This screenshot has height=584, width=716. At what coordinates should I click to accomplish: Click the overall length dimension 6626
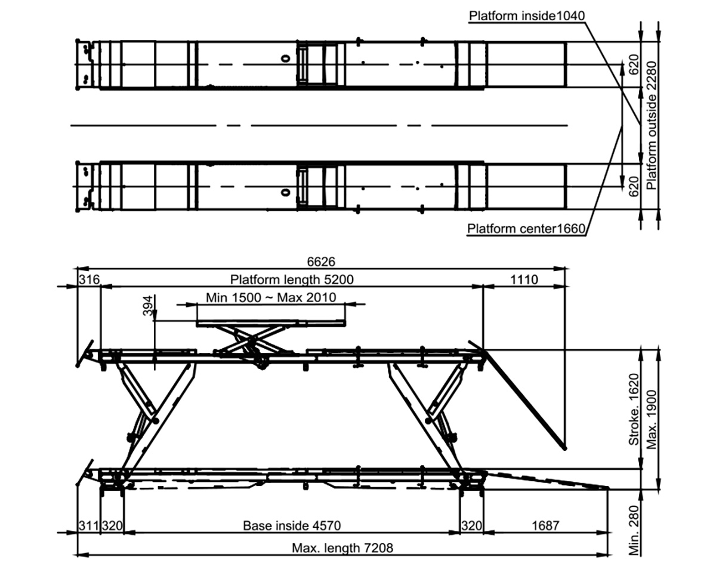pos(321,262)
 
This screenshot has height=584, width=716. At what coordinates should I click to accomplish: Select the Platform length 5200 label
pos(292,279)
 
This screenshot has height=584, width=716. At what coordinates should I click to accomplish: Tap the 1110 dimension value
pos(524,279)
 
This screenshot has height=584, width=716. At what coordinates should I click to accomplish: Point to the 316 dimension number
pos(89,279)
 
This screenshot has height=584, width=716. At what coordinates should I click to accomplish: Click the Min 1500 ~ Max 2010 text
pos(271,298)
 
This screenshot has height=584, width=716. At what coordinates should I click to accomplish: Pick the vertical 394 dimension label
pos(148,306)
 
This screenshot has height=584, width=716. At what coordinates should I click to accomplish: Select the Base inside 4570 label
pos(292,525)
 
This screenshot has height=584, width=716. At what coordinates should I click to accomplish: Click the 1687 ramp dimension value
pos(545,525)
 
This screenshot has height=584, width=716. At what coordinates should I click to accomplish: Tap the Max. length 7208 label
pos(342,548)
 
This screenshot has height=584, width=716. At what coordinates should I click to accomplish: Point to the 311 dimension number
pos(89,525)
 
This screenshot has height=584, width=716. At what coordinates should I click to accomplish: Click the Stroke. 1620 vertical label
pos(634,410)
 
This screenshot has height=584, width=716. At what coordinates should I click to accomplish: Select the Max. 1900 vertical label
pos(652,420)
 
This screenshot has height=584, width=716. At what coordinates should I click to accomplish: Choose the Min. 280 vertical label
pos(634,530)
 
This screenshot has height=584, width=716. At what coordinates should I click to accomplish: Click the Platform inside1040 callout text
pos(527,16)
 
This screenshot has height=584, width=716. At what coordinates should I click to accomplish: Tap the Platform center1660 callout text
pos(526,229)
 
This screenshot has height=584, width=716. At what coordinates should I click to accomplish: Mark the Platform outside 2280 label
pos(652,125)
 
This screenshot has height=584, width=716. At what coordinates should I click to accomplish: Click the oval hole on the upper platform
pos(285,59)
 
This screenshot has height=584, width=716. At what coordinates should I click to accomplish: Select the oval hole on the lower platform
pos(285,193)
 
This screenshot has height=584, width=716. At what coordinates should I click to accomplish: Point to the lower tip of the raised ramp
pos(564,448)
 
